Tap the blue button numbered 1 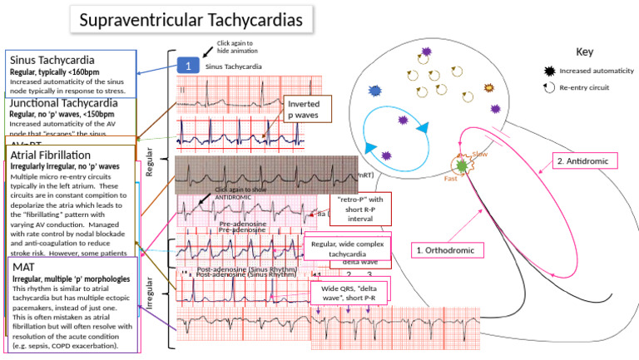[x=188, y=65]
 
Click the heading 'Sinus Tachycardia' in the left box [x=52, y=61]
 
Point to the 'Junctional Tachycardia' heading [x=63, y=103]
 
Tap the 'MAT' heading [x=25, y=266]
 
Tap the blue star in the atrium [x=374, y=90]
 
